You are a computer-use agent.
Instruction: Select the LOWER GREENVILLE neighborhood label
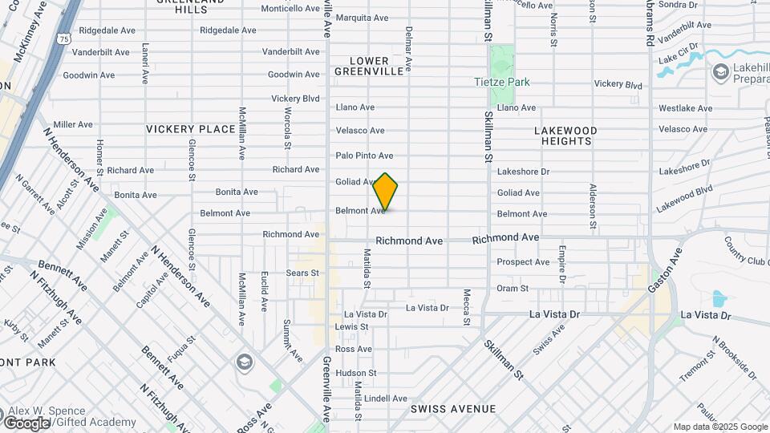tap(369, 66)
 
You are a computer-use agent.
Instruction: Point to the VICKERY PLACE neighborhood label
tap(191, 128)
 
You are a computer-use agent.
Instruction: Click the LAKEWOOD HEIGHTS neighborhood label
tap(565, 136)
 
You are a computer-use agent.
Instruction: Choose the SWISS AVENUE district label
tap(452, 409)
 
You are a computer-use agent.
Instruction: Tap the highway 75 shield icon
tap(63, 37)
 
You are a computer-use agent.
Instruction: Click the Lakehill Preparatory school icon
tap(719, 73)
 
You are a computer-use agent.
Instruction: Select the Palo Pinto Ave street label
tap(364, 156)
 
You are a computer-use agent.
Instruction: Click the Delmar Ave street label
tap(408, 48)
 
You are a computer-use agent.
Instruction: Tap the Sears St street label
tap(303, 273)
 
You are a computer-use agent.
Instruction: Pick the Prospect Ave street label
tap(523, 262)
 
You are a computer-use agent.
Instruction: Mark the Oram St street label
tap(513, 288)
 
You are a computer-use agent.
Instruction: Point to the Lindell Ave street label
tap(387, 399)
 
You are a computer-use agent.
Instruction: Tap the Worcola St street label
tap(287, 128)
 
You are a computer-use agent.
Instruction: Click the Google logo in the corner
tap(26, 423)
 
